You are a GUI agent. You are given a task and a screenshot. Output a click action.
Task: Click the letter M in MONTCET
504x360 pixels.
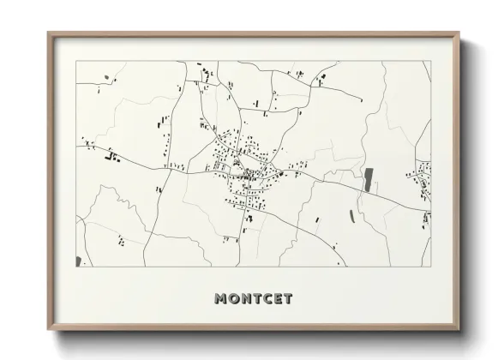[221, 299]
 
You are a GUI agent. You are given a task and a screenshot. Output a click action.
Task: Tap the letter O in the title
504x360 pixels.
[235, 299]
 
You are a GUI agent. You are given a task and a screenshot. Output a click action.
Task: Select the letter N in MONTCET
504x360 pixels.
[247, 299]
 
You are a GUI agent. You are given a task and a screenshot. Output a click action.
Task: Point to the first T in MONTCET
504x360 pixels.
[258, 299]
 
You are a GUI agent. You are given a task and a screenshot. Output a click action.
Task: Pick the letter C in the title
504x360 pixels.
[268, 299]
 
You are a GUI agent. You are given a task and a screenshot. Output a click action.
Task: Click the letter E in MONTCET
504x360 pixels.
[279, 299]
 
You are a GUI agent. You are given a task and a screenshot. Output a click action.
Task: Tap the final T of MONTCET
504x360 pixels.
[288, 299]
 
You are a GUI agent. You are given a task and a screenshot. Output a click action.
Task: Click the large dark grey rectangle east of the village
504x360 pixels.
[369, 179]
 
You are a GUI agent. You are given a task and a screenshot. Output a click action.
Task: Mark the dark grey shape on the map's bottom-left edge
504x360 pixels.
[78, 261]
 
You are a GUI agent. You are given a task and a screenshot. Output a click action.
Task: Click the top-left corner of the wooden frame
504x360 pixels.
[48, 33]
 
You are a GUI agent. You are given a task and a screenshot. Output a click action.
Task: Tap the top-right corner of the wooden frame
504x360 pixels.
[459, 33]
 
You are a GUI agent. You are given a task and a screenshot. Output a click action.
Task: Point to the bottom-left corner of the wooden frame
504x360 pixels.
[48, 331]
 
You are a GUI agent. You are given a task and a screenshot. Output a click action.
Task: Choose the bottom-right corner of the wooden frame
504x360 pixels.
[459, 331]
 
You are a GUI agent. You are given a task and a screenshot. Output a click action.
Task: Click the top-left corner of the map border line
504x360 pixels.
[75, 61]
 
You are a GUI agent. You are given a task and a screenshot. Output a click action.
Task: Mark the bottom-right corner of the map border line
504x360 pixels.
[430, 267]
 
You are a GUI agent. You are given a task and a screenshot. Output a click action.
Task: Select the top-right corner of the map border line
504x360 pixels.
[430, 61]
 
